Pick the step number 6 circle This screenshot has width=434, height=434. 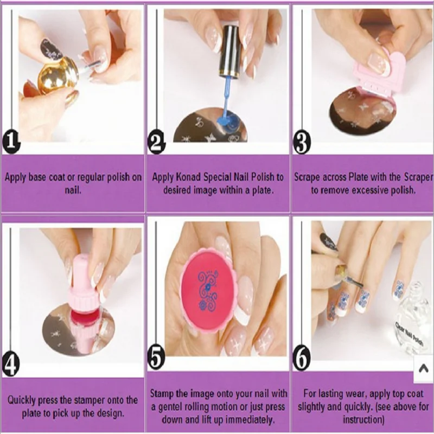point(302,359)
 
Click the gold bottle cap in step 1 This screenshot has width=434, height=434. point(58,75)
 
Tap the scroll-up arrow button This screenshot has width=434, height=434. point(424,369)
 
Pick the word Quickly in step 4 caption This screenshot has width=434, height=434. point(22,400)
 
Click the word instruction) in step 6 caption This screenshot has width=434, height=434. point(363,420)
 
